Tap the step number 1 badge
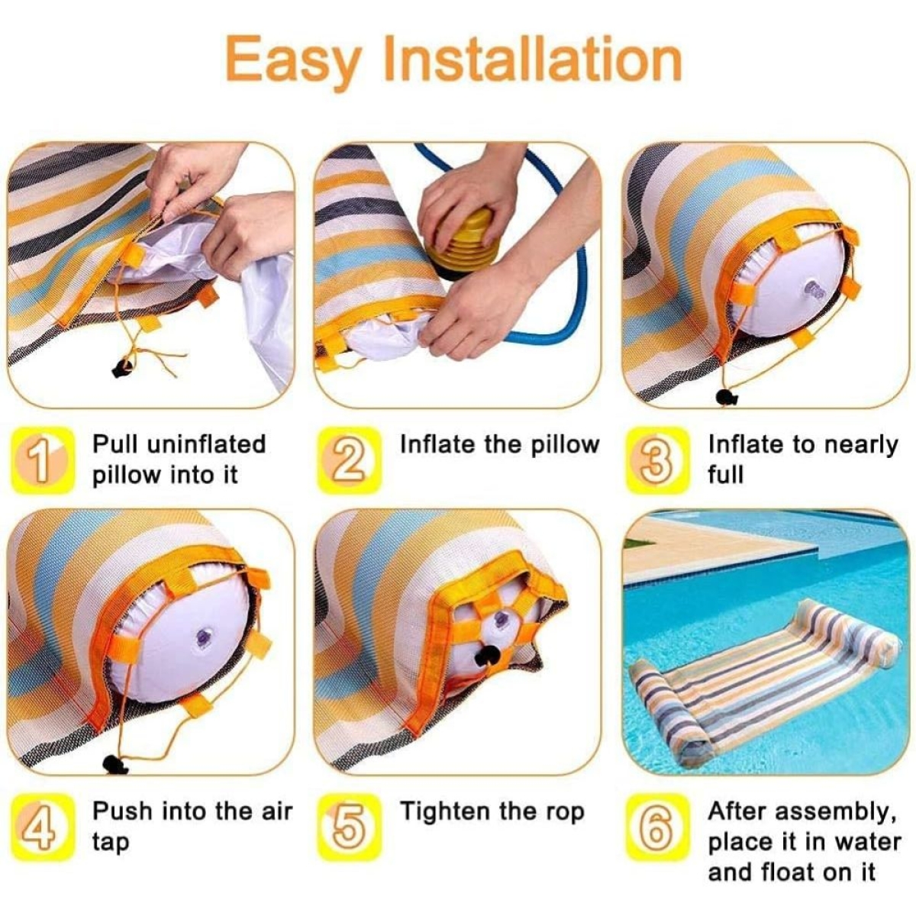pos(42,460)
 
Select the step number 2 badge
pos(350,460)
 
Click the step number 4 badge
pos(42,828)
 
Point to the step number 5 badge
pos(350,828)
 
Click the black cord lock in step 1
pos(123,367)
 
